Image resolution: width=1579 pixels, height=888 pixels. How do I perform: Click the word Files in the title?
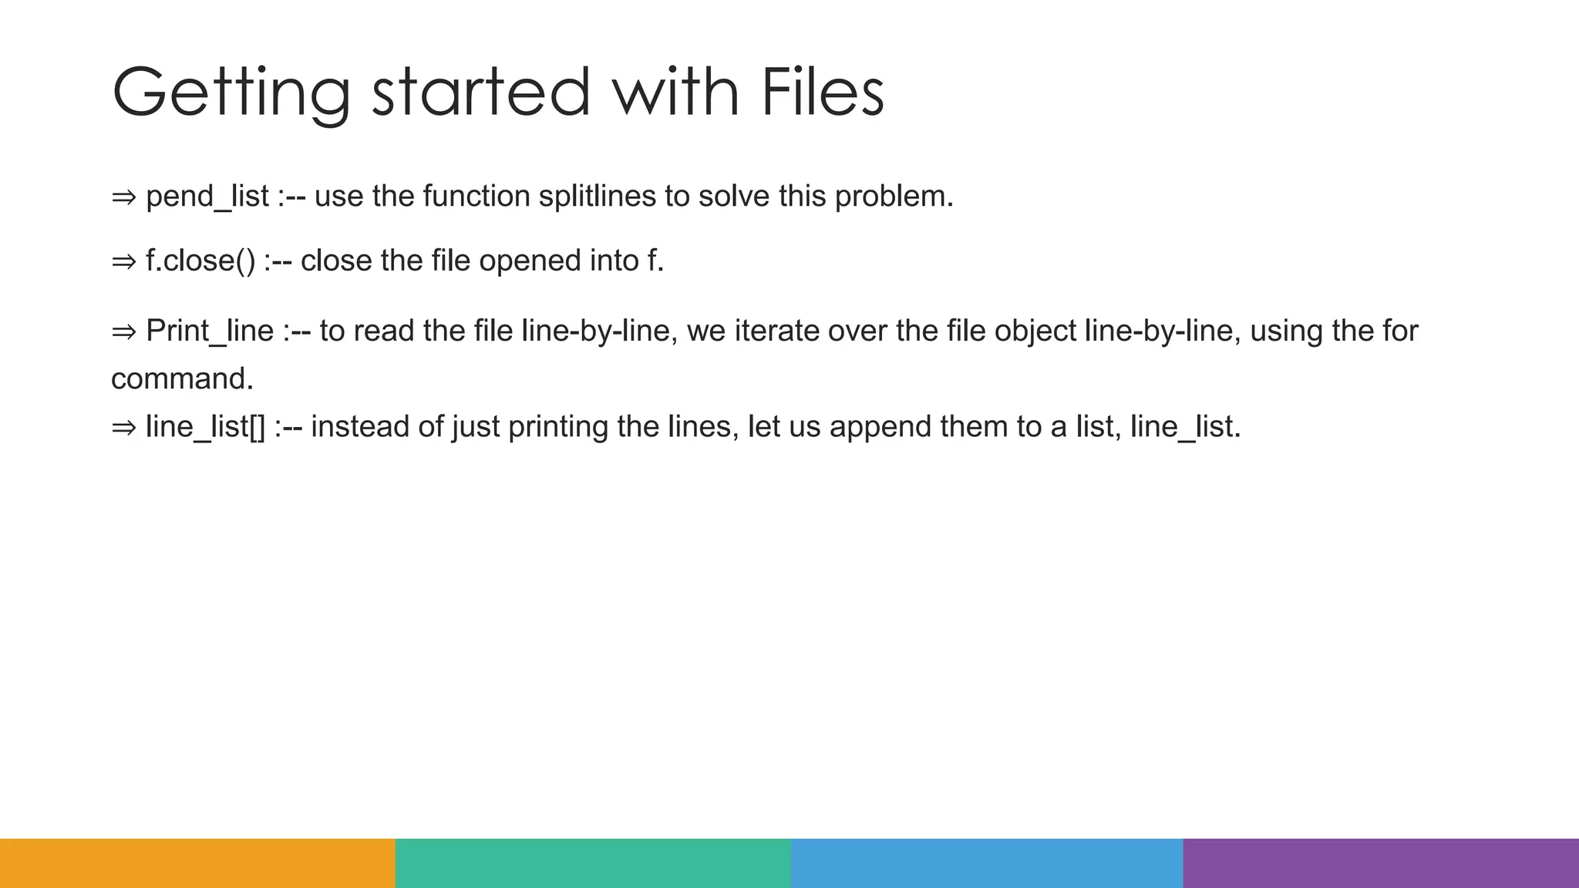tap(822, 92)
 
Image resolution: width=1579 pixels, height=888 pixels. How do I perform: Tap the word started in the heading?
tap(480, 92)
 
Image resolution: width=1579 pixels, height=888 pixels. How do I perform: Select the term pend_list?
tap(207, 197)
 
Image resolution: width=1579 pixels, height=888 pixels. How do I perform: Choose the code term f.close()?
tap(200, 261)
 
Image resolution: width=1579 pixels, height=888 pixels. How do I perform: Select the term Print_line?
tap(210, 331)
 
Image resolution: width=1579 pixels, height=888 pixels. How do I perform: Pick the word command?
tap(182, 378)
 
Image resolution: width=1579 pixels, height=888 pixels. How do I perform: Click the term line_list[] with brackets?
tap(205, 427)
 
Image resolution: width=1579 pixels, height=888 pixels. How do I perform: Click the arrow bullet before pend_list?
tap(123, 197)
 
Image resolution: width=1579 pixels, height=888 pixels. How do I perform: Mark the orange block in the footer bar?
tap(197, 863)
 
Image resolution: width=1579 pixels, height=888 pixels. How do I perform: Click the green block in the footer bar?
tap(593, 863)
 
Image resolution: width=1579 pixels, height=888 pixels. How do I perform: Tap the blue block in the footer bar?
tap(987, 863)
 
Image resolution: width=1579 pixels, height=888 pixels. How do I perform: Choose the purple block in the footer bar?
tap(1381, 863)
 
